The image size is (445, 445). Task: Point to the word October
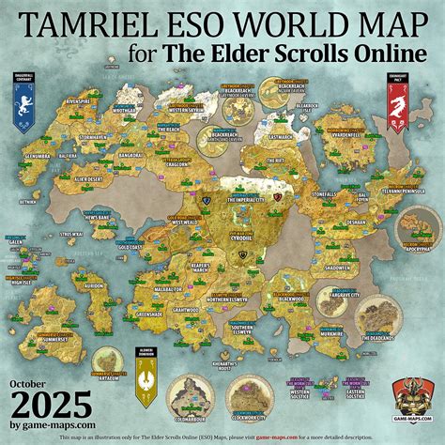pyautogui.click(x=38, y=384)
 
